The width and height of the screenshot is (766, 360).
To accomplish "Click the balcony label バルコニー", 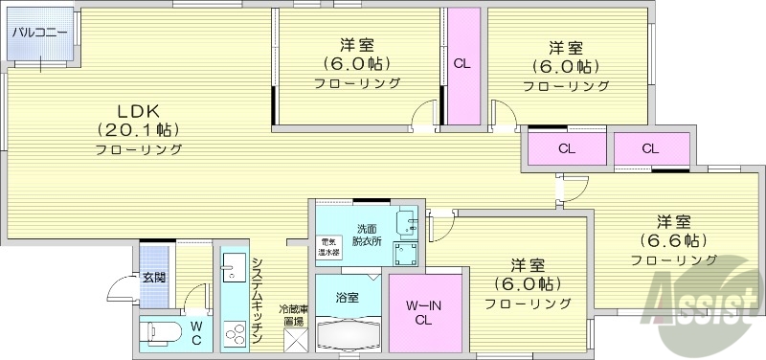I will [39, 33].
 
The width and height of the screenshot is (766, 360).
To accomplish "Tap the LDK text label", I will [138, 108].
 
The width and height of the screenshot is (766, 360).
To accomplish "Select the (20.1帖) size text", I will [138, 129].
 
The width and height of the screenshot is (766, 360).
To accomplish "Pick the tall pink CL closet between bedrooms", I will [462, 65].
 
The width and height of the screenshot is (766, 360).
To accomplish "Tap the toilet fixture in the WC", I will [159, 333].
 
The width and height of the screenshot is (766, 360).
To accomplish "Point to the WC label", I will [195, 332].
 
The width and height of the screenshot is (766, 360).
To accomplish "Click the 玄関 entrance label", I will [154, 278].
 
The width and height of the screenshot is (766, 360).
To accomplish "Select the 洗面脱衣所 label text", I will [367, 236].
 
